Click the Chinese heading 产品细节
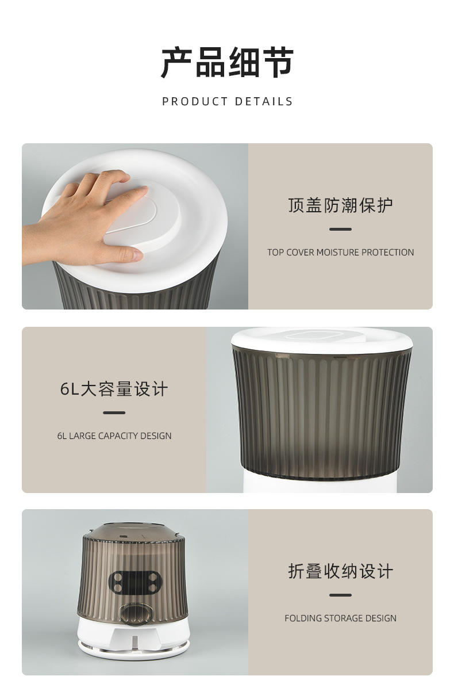pyautogui.click(x=227, y=62)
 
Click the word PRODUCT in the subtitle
pyautogui.click(x=195, y=101)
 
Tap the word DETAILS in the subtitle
pyautogui.click(x=264, y=101)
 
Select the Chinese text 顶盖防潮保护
pyautogui.click(x=340, y=205)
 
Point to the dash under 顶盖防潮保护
pyautogui.click(x=340, y=229)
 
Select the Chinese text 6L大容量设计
pyautogui.click(x=114, y=389)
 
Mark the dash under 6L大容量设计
pyautogui.click(x=114, y=412)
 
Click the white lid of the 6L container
pyautogui.click(x=322, y=341)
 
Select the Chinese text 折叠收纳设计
pyautogui.click(x=340, y=571)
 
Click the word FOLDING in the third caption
pyautogui.click(x=303, y=618)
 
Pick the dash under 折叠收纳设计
pyautogui.click(x=340, y=595)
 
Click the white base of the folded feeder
pyautogui.click(x=133, y=637)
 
